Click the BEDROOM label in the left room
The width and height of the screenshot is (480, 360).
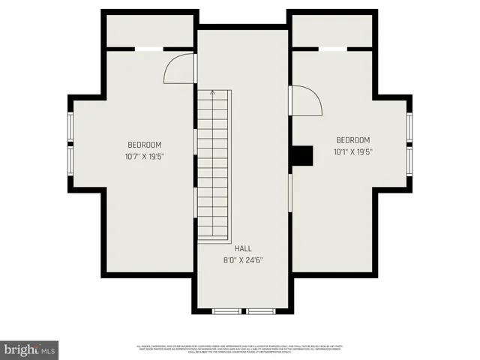(145, 145)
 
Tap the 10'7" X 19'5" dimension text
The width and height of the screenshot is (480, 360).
(145, 157)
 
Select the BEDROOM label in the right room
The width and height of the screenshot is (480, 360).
(352, 140)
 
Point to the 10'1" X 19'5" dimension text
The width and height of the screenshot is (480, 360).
(352, 151)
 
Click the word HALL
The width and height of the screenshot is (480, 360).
(243, 249)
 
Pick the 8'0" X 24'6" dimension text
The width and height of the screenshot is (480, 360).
(243, 260)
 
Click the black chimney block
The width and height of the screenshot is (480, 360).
(301, 154)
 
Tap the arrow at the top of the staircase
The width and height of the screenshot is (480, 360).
(213, 93)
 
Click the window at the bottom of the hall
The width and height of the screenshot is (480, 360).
(243, 310)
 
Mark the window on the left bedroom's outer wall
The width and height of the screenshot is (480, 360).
(70, 142)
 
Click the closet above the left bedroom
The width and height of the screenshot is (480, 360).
(150, 31)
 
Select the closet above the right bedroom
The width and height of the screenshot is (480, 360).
(332, 31)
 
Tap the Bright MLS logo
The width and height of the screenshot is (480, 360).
(30, 349)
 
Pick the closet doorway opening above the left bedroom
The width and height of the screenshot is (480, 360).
(148, 49)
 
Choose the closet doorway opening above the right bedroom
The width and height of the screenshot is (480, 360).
(333, 49)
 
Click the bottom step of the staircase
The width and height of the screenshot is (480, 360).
(213, 237)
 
